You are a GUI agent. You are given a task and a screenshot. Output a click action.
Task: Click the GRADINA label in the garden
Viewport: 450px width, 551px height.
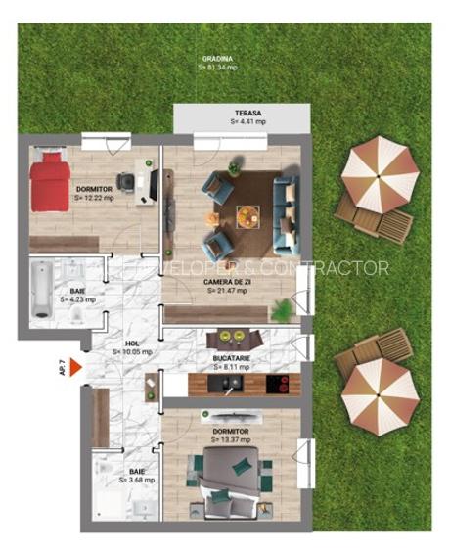coord(218,62)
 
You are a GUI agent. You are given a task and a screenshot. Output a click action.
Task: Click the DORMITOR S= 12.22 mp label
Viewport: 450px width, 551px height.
coord(94,193)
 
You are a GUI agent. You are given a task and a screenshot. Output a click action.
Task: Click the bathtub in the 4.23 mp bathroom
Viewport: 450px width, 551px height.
coord(42,291)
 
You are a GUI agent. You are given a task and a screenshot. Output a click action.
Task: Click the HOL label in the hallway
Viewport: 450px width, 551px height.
coord(129,346)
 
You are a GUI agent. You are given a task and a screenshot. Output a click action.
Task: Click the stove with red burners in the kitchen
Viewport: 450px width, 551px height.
coord(276,385)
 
